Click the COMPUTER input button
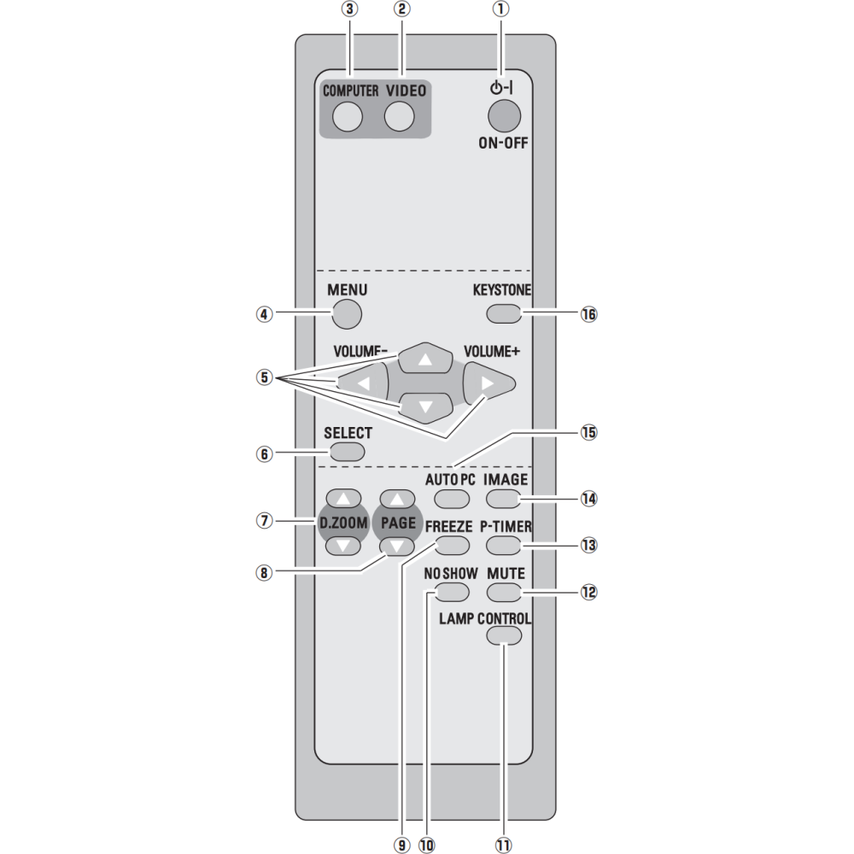(x=348, y=116)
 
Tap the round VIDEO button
(x=399, y=116)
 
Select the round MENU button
(x=347, y=313)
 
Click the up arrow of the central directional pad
(x=424, y=359)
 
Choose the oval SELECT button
(x=347, y=452)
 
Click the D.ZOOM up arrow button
(x=343, y=498)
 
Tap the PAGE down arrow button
(x=398, y=546)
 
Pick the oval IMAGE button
(x=504, y=499)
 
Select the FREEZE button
(x=452, y=545)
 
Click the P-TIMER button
(x=504, y=545)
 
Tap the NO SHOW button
(x=452, y=592)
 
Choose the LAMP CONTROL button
(x=504, y=635)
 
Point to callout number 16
(x=588, y=314)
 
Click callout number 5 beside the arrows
(x=264, y=377)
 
